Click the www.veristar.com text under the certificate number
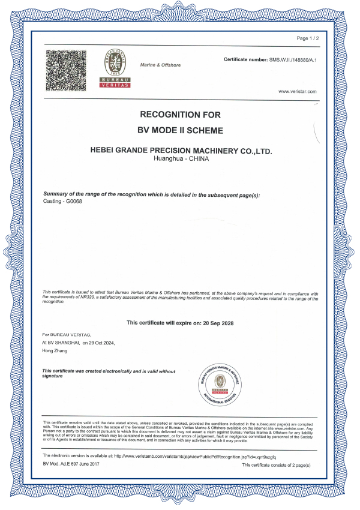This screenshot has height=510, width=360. click(298, 91)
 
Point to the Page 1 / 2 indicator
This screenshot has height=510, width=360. click(308, 38)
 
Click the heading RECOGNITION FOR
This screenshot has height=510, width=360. click(180, 114)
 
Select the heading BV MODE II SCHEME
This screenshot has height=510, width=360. click(180, 130)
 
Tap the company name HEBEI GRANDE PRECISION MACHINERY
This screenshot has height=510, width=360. click(180, 151)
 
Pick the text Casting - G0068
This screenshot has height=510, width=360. click(63, 201)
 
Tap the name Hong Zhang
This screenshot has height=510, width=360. click(55, 350)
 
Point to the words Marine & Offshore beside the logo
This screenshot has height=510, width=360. click(160, 65)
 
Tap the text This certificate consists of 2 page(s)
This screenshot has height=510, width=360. click(276, 465)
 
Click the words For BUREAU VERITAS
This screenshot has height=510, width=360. click(66, 334)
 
